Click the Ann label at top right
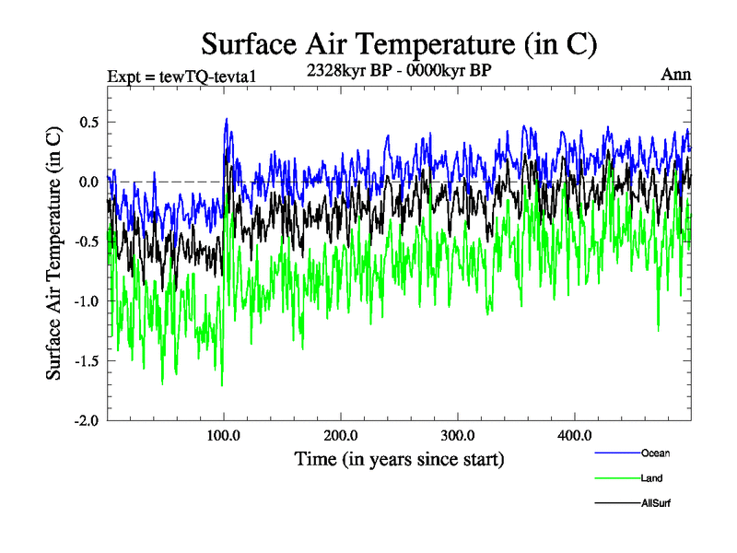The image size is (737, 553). [x=675, y=75]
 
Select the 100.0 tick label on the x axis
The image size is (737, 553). [x=224, y=435]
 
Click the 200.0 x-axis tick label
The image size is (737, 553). [x=341, y=435]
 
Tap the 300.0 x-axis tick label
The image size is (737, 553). [x=458, y=435]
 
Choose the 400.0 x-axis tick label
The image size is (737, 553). [x=575, y=435]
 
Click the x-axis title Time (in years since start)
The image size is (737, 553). [x=399, y=458]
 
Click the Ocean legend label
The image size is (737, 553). [x=655, y=453]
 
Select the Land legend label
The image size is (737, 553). [x=651, y=478]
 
